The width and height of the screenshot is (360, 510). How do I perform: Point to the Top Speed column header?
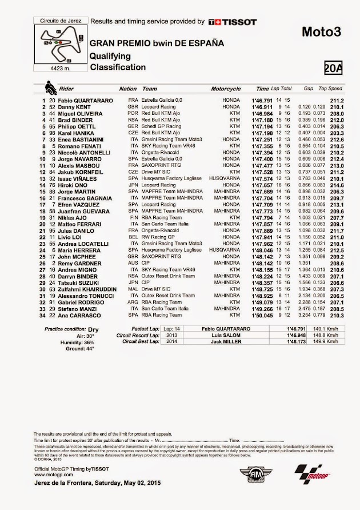[x=330, y=89]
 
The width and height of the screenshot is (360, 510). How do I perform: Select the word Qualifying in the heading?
[x=110, y=55]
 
